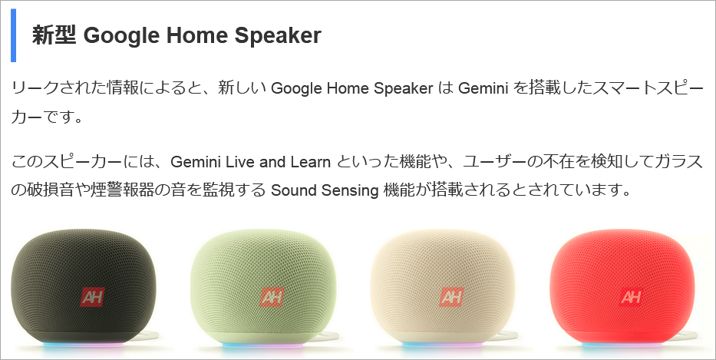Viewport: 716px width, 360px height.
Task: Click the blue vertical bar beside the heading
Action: pos(13,35)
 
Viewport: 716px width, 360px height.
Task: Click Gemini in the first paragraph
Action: pos(483,88)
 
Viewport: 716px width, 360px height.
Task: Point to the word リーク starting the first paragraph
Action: pos(32,88)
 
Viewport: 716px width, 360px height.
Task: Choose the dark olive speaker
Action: pos(84,287)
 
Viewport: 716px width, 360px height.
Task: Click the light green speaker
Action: pos(263,287)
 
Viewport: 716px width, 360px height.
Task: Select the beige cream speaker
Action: pos(443,287)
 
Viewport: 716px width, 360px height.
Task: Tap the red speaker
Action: pos(622,287)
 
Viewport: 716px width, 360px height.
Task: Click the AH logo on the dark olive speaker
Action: pos(92,297)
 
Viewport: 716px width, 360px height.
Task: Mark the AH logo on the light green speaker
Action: pos(272,297)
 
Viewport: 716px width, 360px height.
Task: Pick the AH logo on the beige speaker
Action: pos(451,297)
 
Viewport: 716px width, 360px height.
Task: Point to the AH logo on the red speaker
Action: pos(631,297)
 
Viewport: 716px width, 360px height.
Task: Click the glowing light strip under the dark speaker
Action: pos(84,345)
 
